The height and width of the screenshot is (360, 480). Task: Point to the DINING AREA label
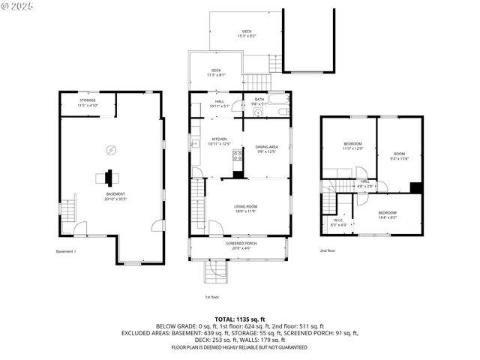click(267, 148)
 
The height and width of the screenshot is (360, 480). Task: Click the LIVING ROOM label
click(246, 208)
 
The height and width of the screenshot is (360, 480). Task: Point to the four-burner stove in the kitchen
click(237, 156)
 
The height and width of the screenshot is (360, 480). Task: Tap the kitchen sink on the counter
click(194, 143)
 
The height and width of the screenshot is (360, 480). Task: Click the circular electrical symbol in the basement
click(111, 149)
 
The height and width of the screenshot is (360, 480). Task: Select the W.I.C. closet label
click(338, 221)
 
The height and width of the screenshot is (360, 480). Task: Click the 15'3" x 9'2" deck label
click(247, 33)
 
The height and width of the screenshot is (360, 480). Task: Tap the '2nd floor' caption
click(328, 251)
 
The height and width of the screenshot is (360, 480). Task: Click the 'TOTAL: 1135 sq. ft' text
click(239, 319)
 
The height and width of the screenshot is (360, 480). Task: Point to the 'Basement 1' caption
click(66, 251)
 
